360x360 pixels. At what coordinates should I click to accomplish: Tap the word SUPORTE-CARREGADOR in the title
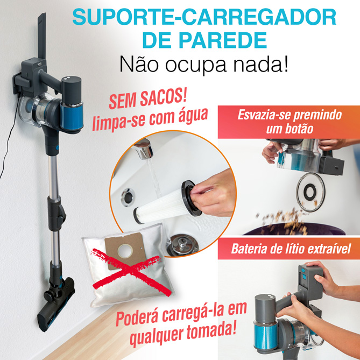click(x=204, y=17)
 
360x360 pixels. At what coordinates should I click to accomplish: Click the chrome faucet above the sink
click(x=144, y=149)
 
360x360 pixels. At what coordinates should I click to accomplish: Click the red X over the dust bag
click(x=132, y=272)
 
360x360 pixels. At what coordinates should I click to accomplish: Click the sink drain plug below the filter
click(x=182, y=245)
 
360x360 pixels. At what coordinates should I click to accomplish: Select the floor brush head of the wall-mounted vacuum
click(x=57, y=304)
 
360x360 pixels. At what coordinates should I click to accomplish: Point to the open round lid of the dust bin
click(x=310, y=192)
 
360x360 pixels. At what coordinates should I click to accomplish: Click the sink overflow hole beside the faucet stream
click(x=128, y=197)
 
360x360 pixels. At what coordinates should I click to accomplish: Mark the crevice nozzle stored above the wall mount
click(x=42, y=36)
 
